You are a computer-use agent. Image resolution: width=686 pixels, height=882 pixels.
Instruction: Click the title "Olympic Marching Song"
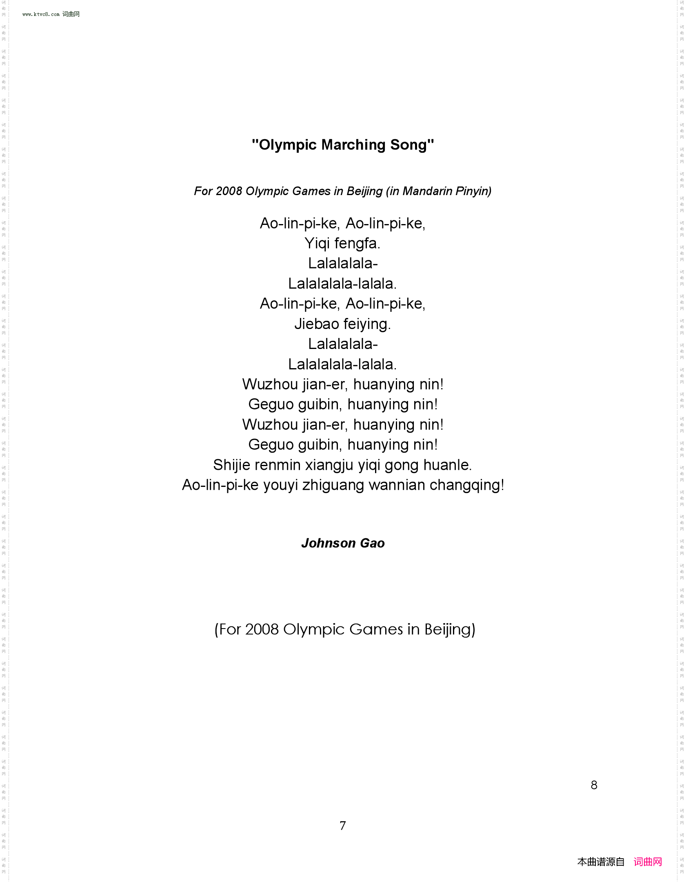343,145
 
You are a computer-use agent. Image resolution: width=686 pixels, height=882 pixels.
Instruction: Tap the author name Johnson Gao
343,543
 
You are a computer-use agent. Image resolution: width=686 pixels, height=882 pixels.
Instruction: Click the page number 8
594,785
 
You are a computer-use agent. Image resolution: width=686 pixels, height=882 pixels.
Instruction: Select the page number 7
343,825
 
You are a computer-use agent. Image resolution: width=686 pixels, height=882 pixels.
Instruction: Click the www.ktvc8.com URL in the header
41,14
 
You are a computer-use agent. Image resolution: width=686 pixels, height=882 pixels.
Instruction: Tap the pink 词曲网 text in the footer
647,862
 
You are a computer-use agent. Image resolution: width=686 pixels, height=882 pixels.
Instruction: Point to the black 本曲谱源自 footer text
601,862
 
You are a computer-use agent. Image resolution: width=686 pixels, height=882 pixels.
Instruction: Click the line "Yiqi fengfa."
342,244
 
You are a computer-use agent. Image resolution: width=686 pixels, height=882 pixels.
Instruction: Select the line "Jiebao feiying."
343,324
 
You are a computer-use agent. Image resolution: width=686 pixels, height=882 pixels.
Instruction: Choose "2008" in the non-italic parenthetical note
262,629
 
